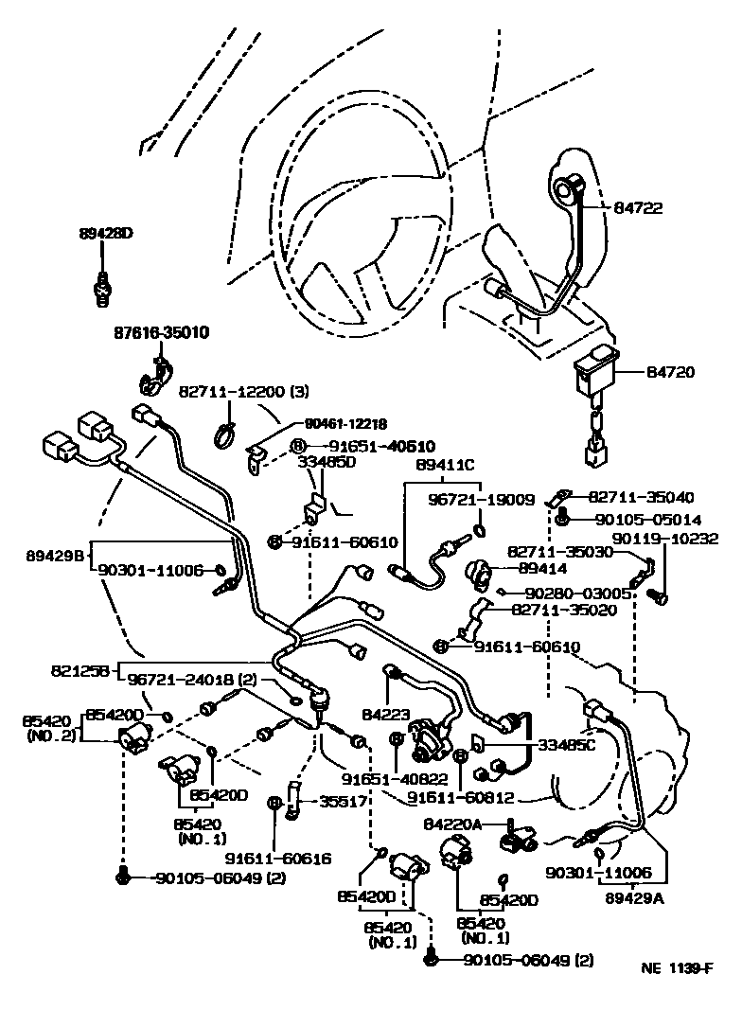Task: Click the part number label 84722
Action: [668, 208]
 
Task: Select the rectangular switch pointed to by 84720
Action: [593, 376]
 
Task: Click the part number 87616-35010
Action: [162, 333]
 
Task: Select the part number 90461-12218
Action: [345, 425]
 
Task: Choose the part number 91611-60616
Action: [278, 859]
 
